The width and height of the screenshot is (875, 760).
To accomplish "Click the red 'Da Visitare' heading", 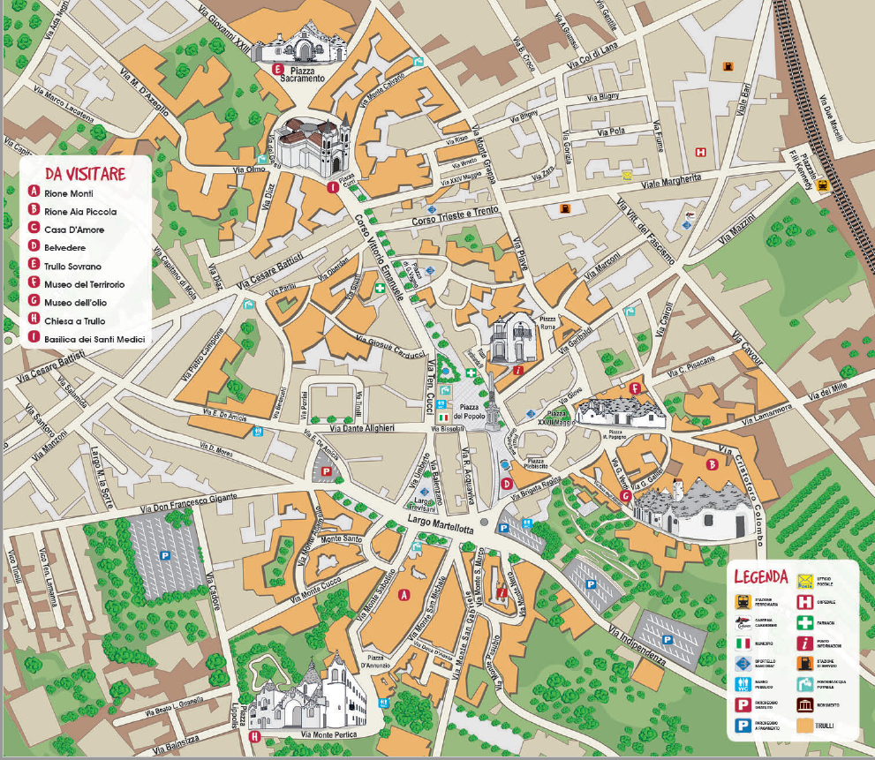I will click(86, 173).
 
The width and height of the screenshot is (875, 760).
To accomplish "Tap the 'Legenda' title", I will click(760, 576).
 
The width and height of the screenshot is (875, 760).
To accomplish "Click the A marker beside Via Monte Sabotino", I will click(404, 594).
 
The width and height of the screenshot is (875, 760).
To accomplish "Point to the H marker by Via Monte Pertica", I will click(255, 736).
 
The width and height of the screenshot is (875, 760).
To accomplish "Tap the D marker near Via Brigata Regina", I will click(506, 483).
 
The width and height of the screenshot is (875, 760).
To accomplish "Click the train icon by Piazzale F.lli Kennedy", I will click(823, 185).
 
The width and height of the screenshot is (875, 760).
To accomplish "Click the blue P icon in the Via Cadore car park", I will click(164, 556).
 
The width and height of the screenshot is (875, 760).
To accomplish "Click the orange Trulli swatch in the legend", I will click(804, 727).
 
